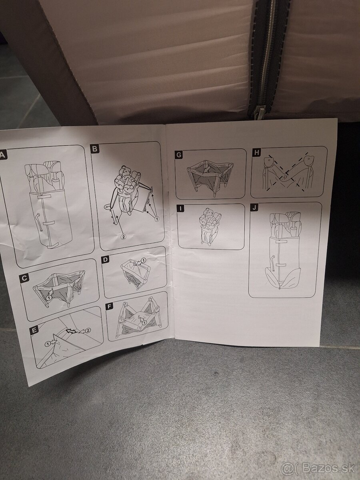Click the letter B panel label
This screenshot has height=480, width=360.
pyautogui.click(x=95, y=149)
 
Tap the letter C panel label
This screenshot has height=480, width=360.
pyautogui.click(x=24, y=278)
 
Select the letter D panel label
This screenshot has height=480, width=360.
pyautogui.click(x=105, y=260)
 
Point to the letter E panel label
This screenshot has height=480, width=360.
pyautogui.click(x=34, y=330)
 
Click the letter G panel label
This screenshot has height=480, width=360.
pyautogui.click(x=178, y=155)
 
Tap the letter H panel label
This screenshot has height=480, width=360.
pyautogui.click(x=257, y=153)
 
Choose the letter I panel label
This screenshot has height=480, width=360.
pyautogui.click(x=180, y=209)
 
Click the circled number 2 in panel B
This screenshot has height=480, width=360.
pyautogui.click(x=123, y=236)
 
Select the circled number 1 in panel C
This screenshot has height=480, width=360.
pyautogui.click(x=49, y=298)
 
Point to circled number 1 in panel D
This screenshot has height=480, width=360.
pyautogui.click(x=144, y=260)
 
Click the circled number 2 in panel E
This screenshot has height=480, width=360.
pyautogui.click(x=87, y=330)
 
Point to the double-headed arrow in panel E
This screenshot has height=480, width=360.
pyautogui.click(x=72, y=331)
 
